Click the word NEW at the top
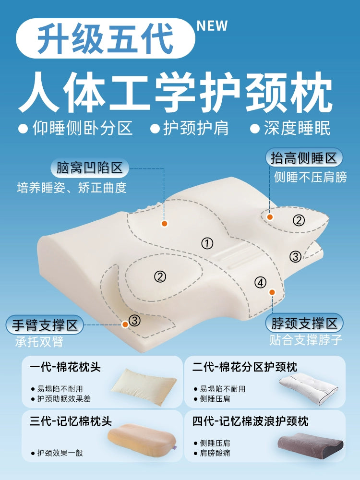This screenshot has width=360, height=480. tap(212, 26)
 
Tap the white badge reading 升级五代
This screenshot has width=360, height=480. tap(106, 38)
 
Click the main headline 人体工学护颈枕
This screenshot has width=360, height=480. tap(175, 92)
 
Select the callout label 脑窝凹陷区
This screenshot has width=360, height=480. tap(89, 168)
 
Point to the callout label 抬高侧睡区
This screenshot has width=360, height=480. tap(304, 158)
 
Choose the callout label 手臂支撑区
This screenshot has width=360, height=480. tap(45, 325)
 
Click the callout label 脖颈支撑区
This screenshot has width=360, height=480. tap(304, 323)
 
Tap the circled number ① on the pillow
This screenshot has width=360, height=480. tap(207, 244)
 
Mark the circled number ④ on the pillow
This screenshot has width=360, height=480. tap(260, 282)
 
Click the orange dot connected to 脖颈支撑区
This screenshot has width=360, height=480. tap(272, 292)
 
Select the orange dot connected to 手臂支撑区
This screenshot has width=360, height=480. tap(125, 324)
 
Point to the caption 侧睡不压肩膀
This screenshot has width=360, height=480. tap(310, 177)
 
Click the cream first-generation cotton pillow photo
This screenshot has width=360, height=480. tap(144, 386)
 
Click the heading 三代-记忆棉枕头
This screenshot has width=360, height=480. tap(71, 421)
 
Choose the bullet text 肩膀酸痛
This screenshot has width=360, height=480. tap(215, 453)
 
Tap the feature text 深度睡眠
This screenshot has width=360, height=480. tap(297, 128)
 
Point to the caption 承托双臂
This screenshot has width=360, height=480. tap(39, 341)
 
